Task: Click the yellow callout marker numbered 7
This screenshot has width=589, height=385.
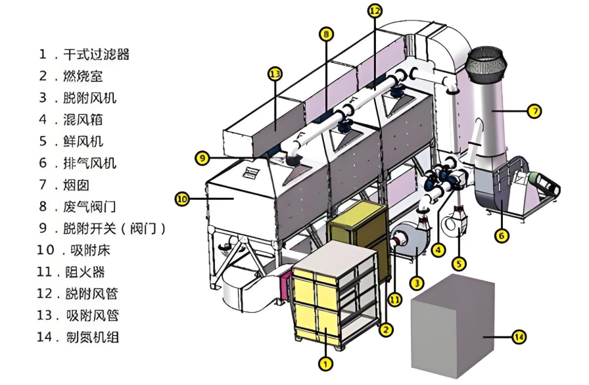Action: pyautogui.click(x=535, y=112)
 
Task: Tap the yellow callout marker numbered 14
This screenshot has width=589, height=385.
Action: pyautogui.click(x=519, y=337)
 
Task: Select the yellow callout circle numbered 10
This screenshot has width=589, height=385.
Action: pyautogui.click(x=182, y=197)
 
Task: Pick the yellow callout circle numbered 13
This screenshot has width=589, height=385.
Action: pyautogui.click(x=275, y=74)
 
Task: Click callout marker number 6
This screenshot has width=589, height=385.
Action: pyautogui.click(x=503, y=234)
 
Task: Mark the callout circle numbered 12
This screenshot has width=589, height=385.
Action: pyautogui.click(x=375, y=11)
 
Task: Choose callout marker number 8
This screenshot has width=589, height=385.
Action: pyautogui.click(x=327, y=34)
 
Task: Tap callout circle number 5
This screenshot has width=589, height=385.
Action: pyautogui.click(x=459, y=263)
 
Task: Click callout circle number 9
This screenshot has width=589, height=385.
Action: pyautogui.click(x=202, y=158)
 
